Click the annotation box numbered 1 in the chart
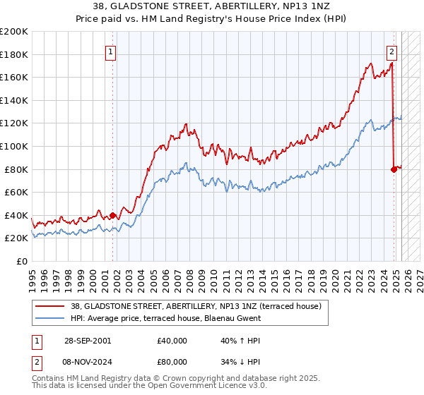112,51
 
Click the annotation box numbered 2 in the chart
391,51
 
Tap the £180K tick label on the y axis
15,54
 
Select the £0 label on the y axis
22,261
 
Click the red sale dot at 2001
113,215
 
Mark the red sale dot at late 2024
394,169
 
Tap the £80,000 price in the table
172,363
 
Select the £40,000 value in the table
172,341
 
